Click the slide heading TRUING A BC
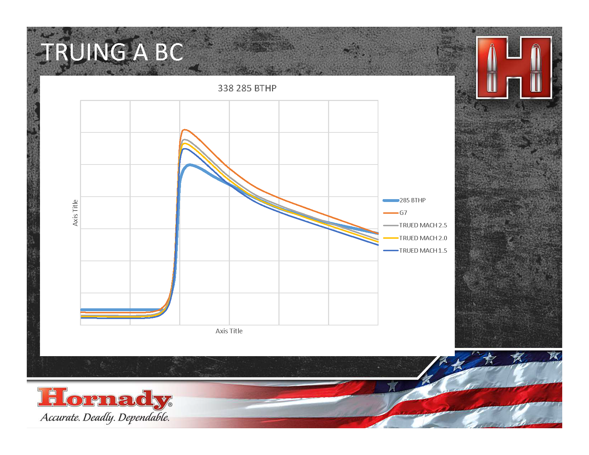[112, 52]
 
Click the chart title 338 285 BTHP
[247, 89]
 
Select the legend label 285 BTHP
[412, 200]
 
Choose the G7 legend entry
[403, 213]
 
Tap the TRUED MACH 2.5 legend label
[423, 225]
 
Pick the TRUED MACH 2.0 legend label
[423, 238]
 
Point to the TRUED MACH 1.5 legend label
[423, 251]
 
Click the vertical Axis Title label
[75, 213]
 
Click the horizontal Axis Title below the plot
[229, 331]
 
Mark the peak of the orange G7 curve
[184, 130]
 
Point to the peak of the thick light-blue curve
[190, 165]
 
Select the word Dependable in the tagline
[144, 418]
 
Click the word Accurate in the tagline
[60, 417]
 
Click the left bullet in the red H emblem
[492, 67]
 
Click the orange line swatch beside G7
[391, 213]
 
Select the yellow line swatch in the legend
[391, 238]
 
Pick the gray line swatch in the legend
[391, 226]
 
